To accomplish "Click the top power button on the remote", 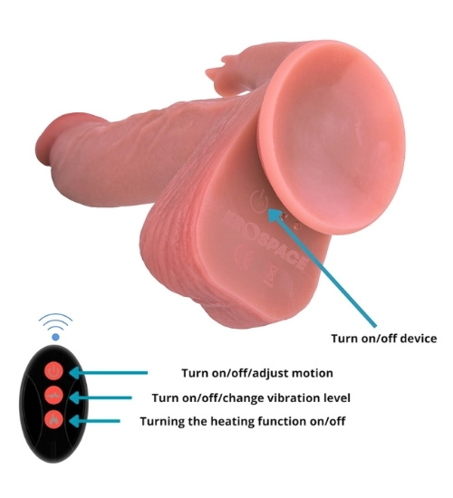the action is [x=54, y=371].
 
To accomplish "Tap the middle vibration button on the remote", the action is [x=54, y=396].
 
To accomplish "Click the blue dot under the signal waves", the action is [x=55, y=337].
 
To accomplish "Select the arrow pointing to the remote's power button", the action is [x=109, y=372].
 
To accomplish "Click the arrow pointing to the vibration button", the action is [x=101, y=397].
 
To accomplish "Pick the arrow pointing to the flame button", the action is [x=94, y=421].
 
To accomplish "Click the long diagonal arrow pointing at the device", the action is [x=322, y=267].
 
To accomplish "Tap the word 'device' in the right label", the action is [x=419, y=339].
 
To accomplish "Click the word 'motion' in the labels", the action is [x=313, y=373].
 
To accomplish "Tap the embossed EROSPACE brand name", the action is [x=265, y=241].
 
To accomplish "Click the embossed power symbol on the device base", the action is [x=259, y=201].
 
